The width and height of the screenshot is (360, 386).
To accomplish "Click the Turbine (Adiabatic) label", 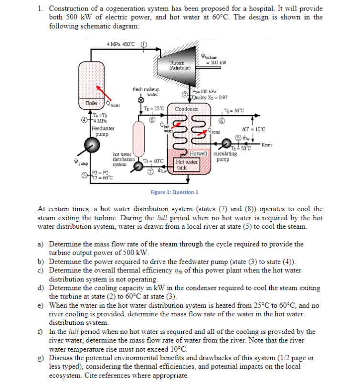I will (177, 65).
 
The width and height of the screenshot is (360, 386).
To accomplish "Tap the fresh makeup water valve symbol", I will (141, 101).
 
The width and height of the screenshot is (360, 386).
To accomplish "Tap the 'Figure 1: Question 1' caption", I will (174, 192).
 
